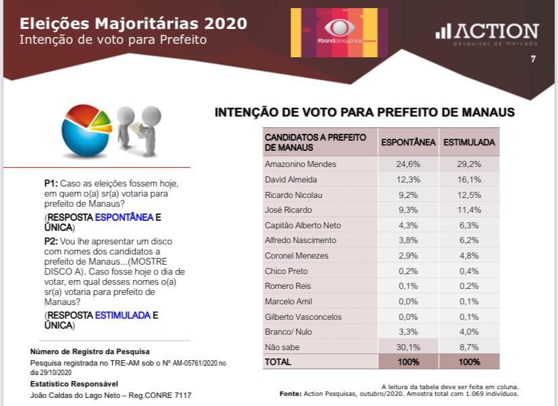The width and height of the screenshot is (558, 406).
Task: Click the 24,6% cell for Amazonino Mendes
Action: (408, 164)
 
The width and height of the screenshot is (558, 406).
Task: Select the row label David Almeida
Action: (291, 179)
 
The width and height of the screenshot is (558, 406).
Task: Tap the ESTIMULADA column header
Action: (469, 143)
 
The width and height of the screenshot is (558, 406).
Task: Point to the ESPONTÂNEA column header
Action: (408, 143)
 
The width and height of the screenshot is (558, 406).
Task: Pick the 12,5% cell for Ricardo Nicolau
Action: (469, 195)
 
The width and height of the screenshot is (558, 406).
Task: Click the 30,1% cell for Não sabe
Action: (408, 347)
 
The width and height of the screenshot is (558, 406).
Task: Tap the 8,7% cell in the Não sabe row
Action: (469, 347)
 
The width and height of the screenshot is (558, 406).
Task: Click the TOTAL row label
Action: (278, 362)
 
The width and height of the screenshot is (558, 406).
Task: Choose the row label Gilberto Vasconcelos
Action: (303, 316)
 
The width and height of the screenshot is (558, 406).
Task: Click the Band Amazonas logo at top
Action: (339, 32)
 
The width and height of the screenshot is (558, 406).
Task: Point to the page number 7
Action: (533, 59)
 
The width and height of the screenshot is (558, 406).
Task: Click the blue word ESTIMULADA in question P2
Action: (122, 315)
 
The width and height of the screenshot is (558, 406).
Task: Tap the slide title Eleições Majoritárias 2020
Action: (133, 24)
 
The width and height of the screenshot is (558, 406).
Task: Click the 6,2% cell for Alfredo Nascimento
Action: (469, 240)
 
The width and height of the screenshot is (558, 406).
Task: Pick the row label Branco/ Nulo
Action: (288, 331)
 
